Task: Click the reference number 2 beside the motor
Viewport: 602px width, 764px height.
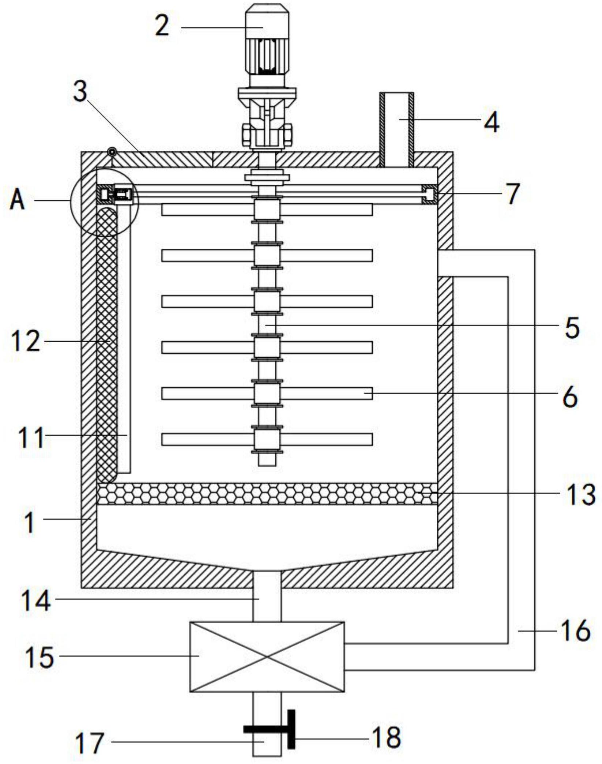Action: click(162, 26)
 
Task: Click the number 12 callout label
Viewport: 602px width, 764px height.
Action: click(26, 341)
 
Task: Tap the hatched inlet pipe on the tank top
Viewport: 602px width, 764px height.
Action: click(397, 130)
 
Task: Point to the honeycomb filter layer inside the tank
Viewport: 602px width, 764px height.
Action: click(267, 494)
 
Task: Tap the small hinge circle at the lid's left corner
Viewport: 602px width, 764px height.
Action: click(112, 151)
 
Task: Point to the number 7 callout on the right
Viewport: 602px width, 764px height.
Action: click(513, 193)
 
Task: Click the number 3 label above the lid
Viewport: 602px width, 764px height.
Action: click(80, 91)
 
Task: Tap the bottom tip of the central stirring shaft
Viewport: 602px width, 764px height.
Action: click(267, 465)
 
